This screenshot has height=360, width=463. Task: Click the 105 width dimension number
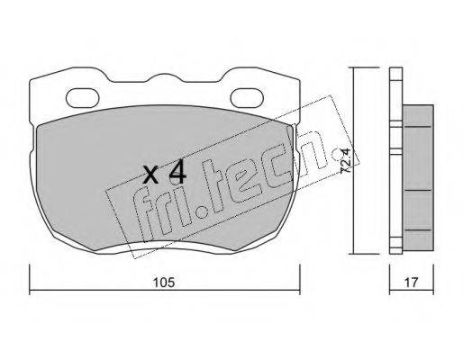[164, 283]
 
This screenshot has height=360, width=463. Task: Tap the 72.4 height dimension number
[346, 161]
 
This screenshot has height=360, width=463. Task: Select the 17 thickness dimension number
[411, 283]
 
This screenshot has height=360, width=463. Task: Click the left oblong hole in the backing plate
[83, 98]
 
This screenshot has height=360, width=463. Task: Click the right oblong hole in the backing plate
[248, 98]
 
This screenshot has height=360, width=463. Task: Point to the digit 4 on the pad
[177, 174]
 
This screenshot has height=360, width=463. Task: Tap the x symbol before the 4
[150, 175]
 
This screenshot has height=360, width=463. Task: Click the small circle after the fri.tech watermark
[336, 155]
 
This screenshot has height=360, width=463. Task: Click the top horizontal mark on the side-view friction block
[418, 127]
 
